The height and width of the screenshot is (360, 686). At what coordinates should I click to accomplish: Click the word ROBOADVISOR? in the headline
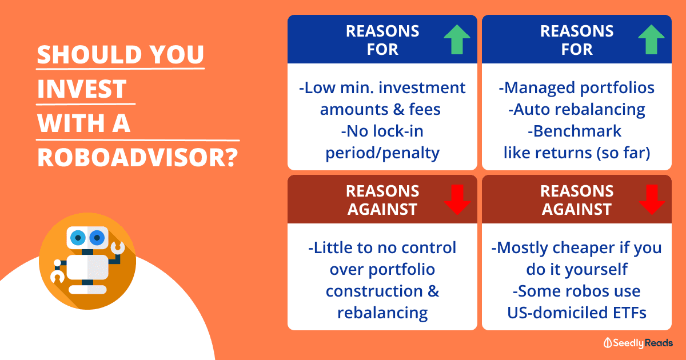coord(138,157)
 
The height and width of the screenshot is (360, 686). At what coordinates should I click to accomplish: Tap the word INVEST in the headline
coord(82,89)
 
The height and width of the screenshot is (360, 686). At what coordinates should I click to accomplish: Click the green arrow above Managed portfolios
coord(651,39)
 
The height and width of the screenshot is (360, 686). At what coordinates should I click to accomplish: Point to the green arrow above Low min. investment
coord(457,39)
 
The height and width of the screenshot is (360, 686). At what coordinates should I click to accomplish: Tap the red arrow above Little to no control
coord(457,199)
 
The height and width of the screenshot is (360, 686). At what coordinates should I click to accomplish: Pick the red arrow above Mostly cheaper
coord(652,199)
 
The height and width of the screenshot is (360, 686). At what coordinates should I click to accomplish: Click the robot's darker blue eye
coord(97,238)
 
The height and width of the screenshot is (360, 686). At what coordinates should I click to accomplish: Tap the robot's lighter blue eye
coord(78,238)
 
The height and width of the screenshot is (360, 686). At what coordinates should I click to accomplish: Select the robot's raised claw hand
coord(118,248)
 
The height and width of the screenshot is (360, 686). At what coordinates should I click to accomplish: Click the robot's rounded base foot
coord(87,290)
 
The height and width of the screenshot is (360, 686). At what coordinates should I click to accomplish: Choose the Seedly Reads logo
coord(638,343)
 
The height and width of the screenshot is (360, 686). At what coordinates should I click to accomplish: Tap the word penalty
coord(410,153)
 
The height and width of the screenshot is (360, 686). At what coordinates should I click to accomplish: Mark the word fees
coord(424,109)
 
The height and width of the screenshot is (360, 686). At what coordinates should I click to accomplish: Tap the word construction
coord(374,291)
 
